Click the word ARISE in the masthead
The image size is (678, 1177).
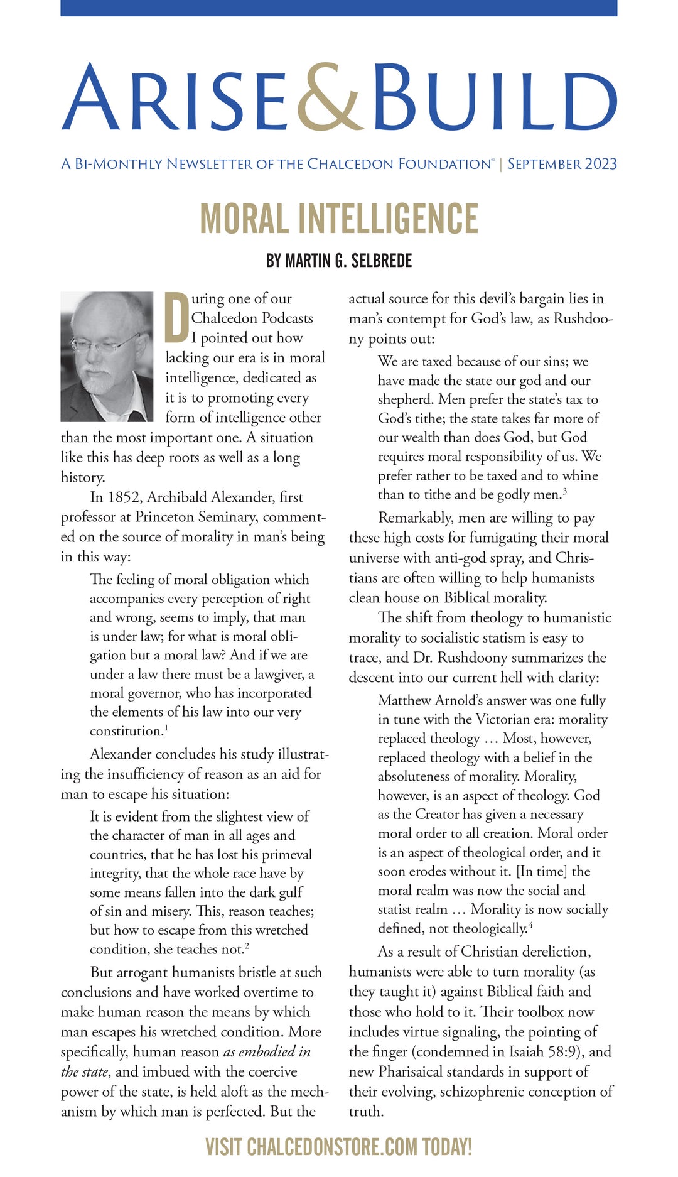(175, 97)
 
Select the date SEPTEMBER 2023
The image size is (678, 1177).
(562, 165)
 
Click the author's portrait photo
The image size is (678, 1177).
(107, 356)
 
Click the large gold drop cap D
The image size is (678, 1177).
(176, 317)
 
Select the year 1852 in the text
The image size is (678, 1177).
(124, 497)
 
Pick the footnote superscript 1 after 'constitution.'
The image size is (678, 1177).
(166, 728)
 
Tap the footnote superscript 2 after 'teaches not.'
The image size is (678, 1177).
(247, 946)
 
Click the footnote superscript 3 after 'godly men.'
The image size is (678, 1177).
(565, 492)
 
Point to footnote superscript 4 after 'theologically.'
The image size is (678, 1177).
(530, 925)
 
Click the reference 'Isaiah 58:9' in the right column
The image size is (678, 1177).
(542, 1052)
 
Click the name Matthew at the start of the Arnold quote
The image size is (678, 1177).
(404, 701)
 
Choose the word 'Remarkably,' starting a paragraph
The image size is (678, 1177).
(414, 518)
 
